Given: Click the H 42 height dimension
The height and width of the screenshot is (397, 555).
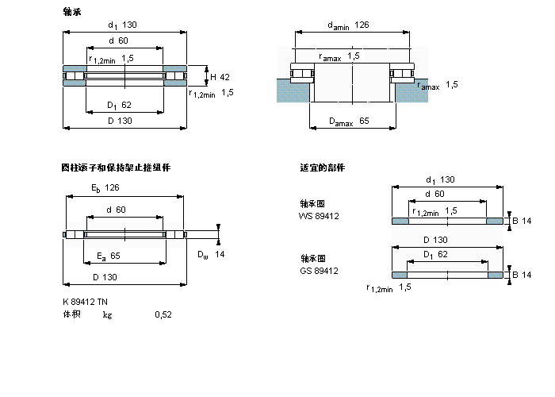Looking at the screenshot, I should coord(220,77).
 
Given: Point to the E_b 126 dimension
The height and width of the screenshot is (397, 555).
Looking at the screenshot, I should coord(105,188).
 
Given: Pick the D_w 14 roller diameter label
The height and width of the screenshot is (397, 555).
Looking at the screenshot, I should coord(211,254).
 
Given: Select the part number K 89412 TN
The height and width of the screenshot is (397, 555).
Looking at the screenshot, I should coord(85,302).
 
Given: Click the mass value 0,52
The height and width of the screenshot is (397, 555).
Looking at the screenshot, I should coord(163,314).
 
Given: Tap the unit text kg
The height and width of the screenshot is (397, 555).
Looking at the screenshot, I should coord(107,314).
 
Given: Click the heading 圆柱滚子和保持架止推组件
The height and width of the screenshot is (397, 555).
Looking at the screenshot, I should coord(116,168).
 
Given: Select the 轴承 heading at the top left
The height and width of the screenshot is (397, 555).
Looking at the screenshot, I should coord(71,12).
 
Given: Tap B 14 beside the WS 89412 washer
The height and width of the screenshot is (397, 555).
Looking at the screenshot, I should coord(520,220).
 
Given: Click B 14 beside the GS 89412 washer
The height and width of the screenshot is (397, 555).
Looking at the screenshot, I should coord(520,275).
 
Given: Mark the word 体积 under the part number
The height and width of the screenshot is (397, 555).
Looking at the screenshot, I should coord(71,314).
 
